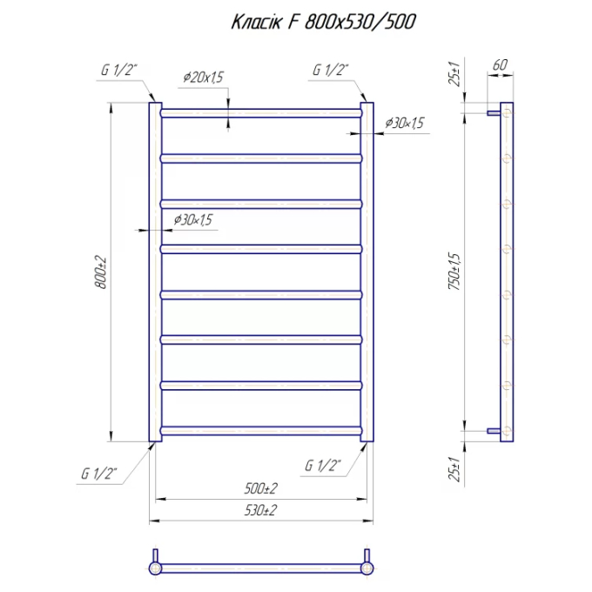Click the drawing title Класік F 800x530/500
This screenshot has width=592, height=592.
coord(323,22)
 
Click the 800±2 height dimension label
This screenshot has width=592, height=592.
coord(101,272)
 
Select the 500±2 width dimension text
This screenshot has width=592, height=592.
coord(260,488)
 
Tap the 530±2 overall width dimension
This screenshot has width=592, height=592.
coord(260,510)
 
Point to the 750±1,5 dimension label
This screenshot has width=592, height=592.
coord(454,272)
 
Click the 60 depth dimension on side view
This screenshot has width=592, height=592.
coord(500,65)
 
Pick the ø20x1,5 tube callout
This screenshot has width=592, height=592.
coord(204,77)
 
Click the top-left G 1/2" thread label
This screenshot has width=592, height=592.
coord(119,70)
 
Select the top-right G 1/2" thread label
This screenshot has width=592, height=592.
coord(330,70)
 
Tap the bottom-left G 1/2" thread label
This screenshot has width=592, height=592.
coord(99,474)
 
